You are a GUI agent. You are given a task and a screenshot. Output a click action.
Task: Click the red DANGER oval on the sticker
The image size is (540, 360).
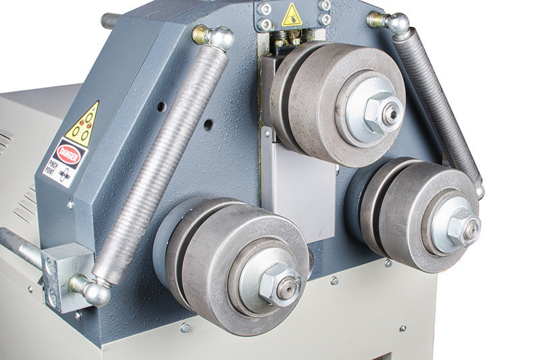[69, 155]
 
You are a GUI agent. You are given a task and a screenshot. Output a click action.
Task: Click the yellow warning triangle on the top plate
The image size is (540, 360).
[292, 15]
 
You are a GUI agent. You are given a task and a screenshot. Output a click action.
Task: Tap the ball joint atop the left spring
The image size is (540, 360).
[213, 36]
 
